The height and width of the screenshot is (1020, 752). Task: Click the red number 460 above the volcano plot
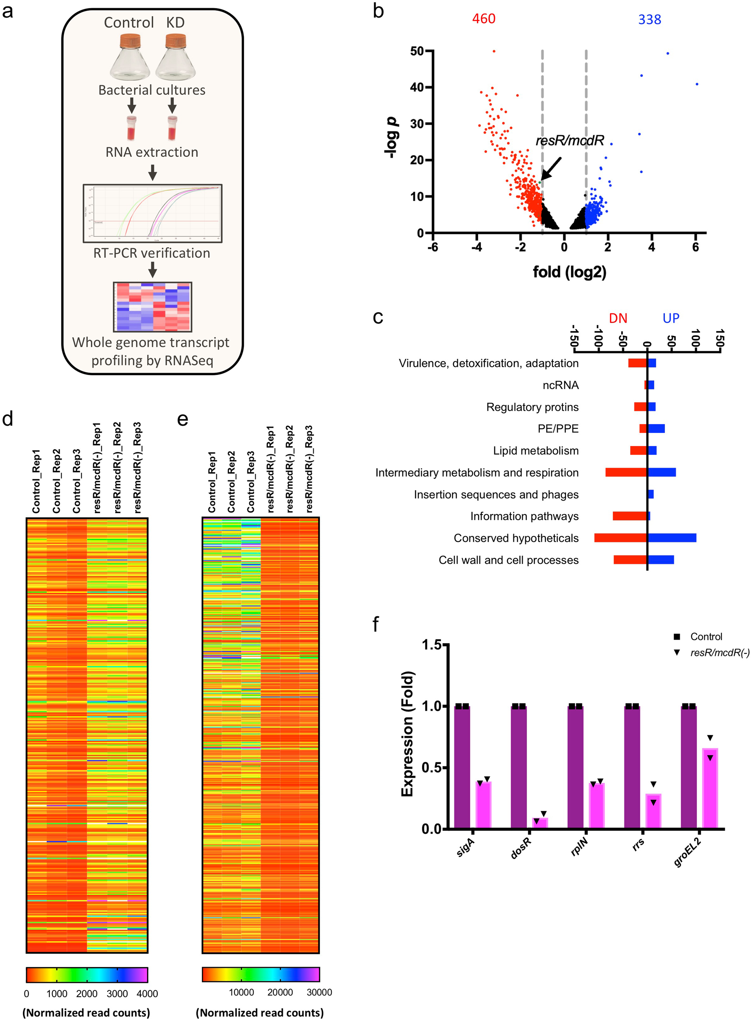483,19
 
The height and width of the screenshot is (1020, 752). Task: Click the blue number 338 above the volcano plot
649,20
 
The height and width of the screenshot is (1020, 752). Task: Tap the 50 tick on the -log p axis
417,51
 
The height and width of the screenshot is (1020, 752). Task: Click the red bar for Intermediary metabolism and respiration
626,472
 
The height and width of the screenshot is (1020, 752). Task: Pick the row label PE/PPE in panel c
557,428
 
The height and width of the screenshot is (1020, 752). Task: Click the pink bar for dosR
540,822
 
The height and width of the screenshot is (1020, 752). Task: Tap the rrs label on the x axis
638,844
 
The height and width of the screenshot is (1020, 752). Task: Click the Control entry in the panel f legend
706,636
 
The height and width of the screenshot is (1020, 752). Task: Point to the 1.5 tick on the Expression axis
431,645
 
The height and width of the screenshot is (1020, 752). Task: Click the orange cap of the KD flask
176,40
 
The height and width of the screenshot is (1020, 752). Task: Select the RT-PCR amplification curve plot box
152,213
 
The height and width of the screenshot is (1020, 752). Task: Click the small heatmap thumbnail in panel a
152,307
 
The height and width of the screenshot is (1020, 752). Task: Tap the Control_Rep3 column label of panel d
76,481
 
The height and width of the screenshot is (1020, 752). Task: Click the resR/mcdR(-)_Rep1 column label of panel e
271,469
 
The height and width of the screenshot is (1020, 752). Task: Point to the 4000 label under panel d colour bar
147,994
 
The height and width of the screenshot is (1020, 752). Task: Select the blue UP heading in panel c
670,318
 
